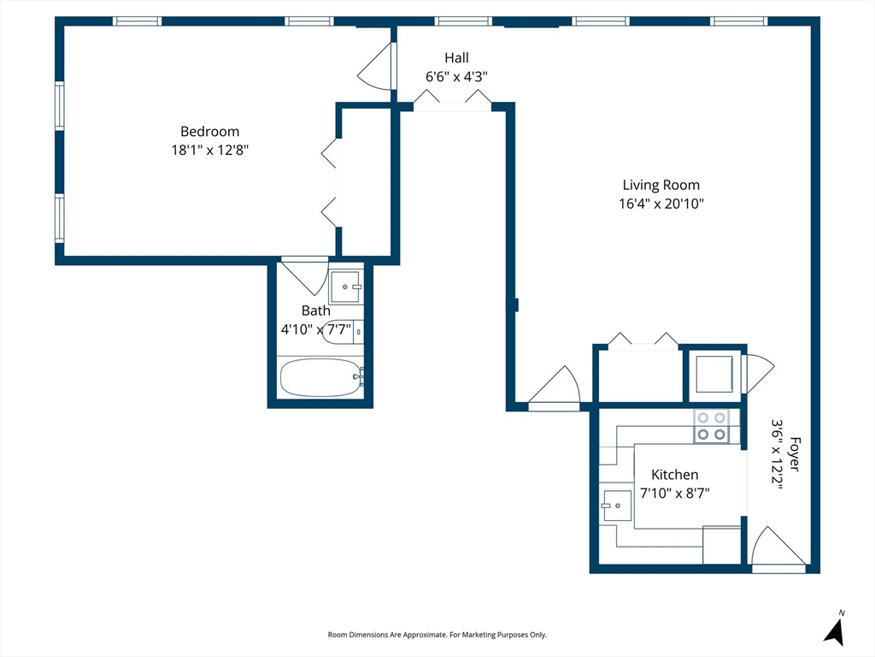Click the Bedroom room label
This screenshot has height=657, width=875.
click(210, 132)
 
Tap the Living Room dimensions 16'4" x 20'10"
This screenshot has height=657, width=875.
click(661, 204)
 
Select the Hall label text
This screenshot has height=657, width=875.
click(456, 57)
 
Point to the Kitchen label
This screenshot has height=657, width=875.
click(675, 475)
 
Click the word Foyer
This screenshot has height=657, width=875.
click(795, 454)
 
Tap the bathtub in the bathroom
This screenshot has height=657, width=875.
click(321, 377)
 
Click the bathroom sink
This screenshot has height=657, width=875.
click(346, 287)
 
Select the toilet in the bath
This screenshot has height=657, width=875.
click(342, 332)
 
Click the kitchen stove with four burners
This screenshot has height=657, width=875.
click(712, 426)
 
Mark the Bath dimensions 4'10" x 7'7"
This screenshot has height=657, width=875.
click(316, 329)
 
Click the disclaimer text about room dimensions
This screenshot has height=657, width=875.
click(437, 635)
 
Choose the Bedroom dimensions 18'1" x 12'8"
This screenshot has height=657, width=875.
click(210, 150)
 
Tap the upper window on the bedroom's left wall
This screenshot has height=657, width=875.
click(59, 106)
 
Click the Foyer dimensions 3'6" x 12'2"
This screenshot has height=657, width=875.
click(777, 454)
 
